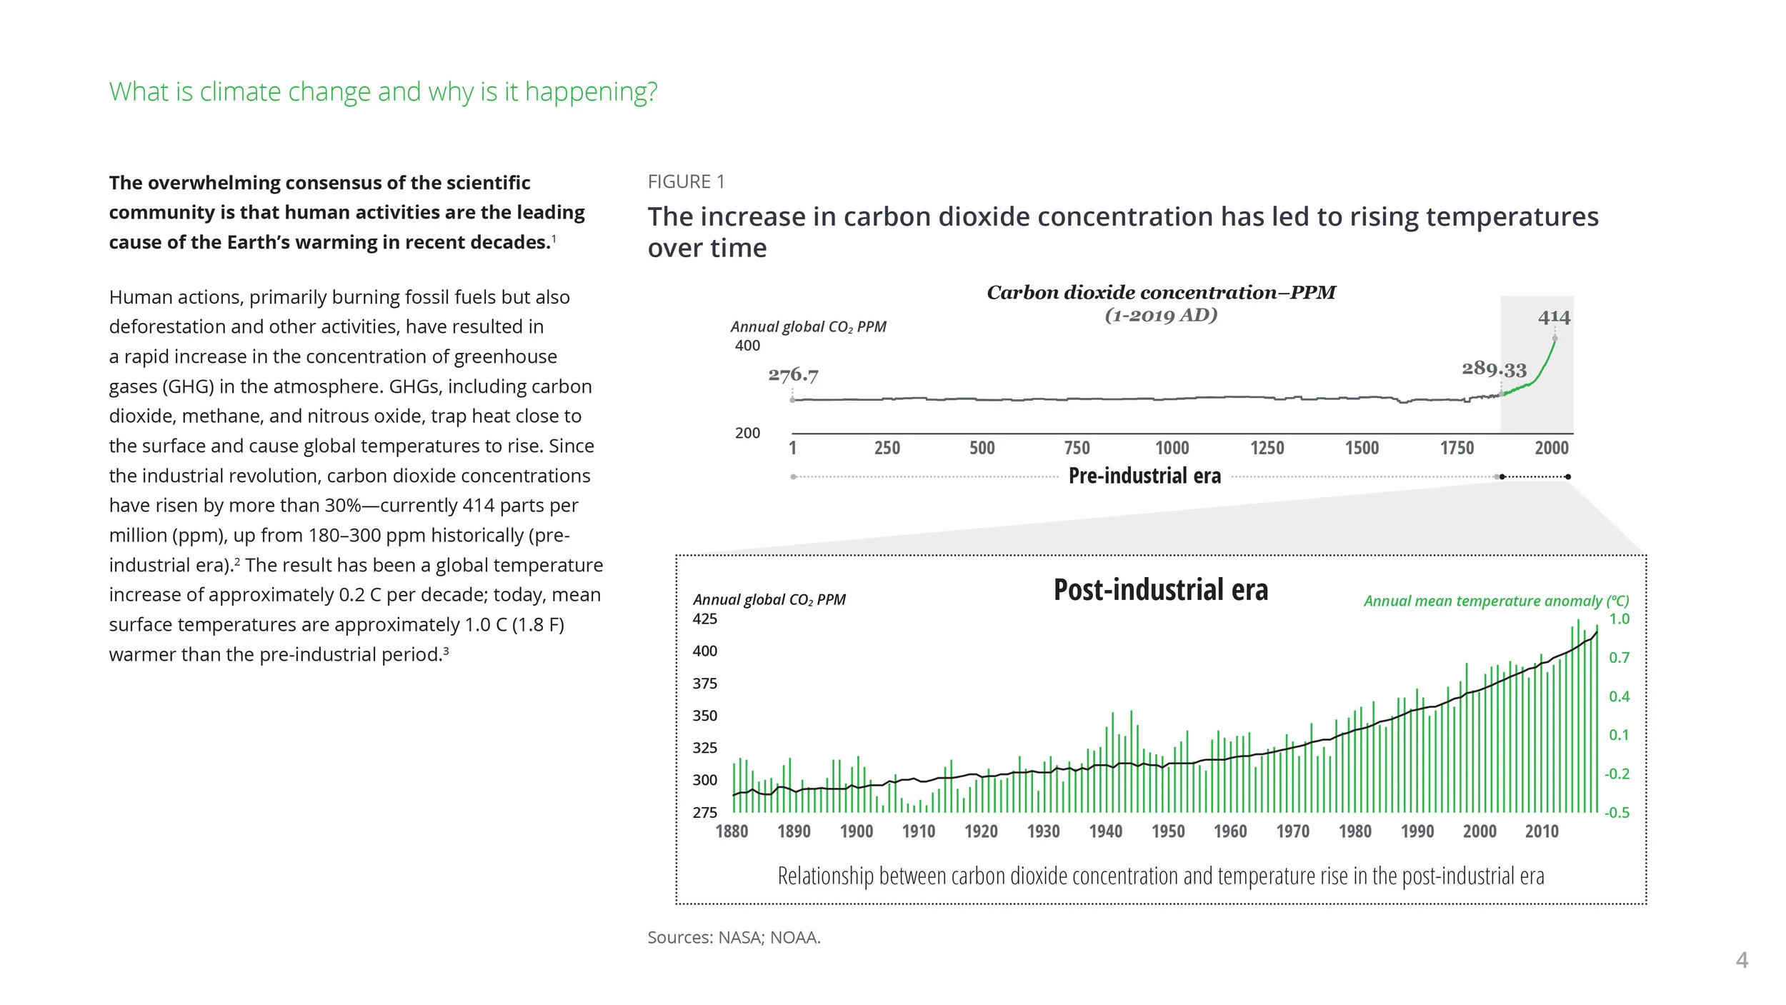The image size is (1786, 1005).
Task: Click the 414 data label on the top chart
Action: coord(1554,317)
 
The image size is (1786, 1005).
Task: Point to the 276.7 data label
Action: coord(793,375)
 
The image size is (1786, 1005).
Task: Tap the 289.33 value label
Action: coord(1494,369)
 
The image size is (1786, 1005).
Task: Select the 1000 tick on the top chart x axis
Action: coord(1172,448)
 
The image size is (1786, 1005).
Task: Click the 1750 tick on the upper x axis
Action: coord(1456,448)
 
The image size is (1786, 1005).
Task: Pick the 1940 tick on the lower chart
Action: coord(1105,831)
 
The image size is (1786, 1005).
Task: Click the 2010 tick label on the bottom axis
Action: coord(1541,831)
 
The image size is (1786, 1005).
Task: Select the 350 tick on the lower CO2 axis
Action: coord(704,716)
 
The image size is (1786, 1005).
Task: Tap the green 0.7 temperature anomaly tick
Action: coord(1619,658)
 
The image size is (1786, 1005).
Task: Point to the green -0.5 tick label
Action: coord(1617,813)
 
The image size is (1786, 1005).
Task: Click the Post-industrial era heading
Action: coord(1160,590)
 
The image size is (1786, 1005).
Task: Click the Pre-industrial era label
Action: coord(1144,476)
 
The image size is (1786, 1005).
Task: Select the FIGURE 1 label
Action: coord(686,182)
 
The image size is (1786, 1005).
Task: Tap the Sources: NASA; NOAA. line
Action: coord(734,937)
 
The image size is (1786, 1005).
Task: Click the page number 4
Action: coord(1742,960)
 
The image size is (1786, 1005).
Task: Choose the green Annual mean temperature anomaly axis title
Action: coord(1496,601)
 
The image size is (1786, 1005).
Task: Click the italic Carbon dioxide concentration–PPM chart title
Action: coord(1161,293)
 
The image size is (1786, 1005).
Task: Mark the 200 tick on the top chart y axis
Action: coord(747,433)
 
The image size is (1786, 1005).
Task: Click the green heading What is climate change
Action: coord(383,92)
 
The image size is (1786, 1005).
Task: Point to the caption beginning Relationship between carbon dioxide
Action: coord(1160,876)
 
